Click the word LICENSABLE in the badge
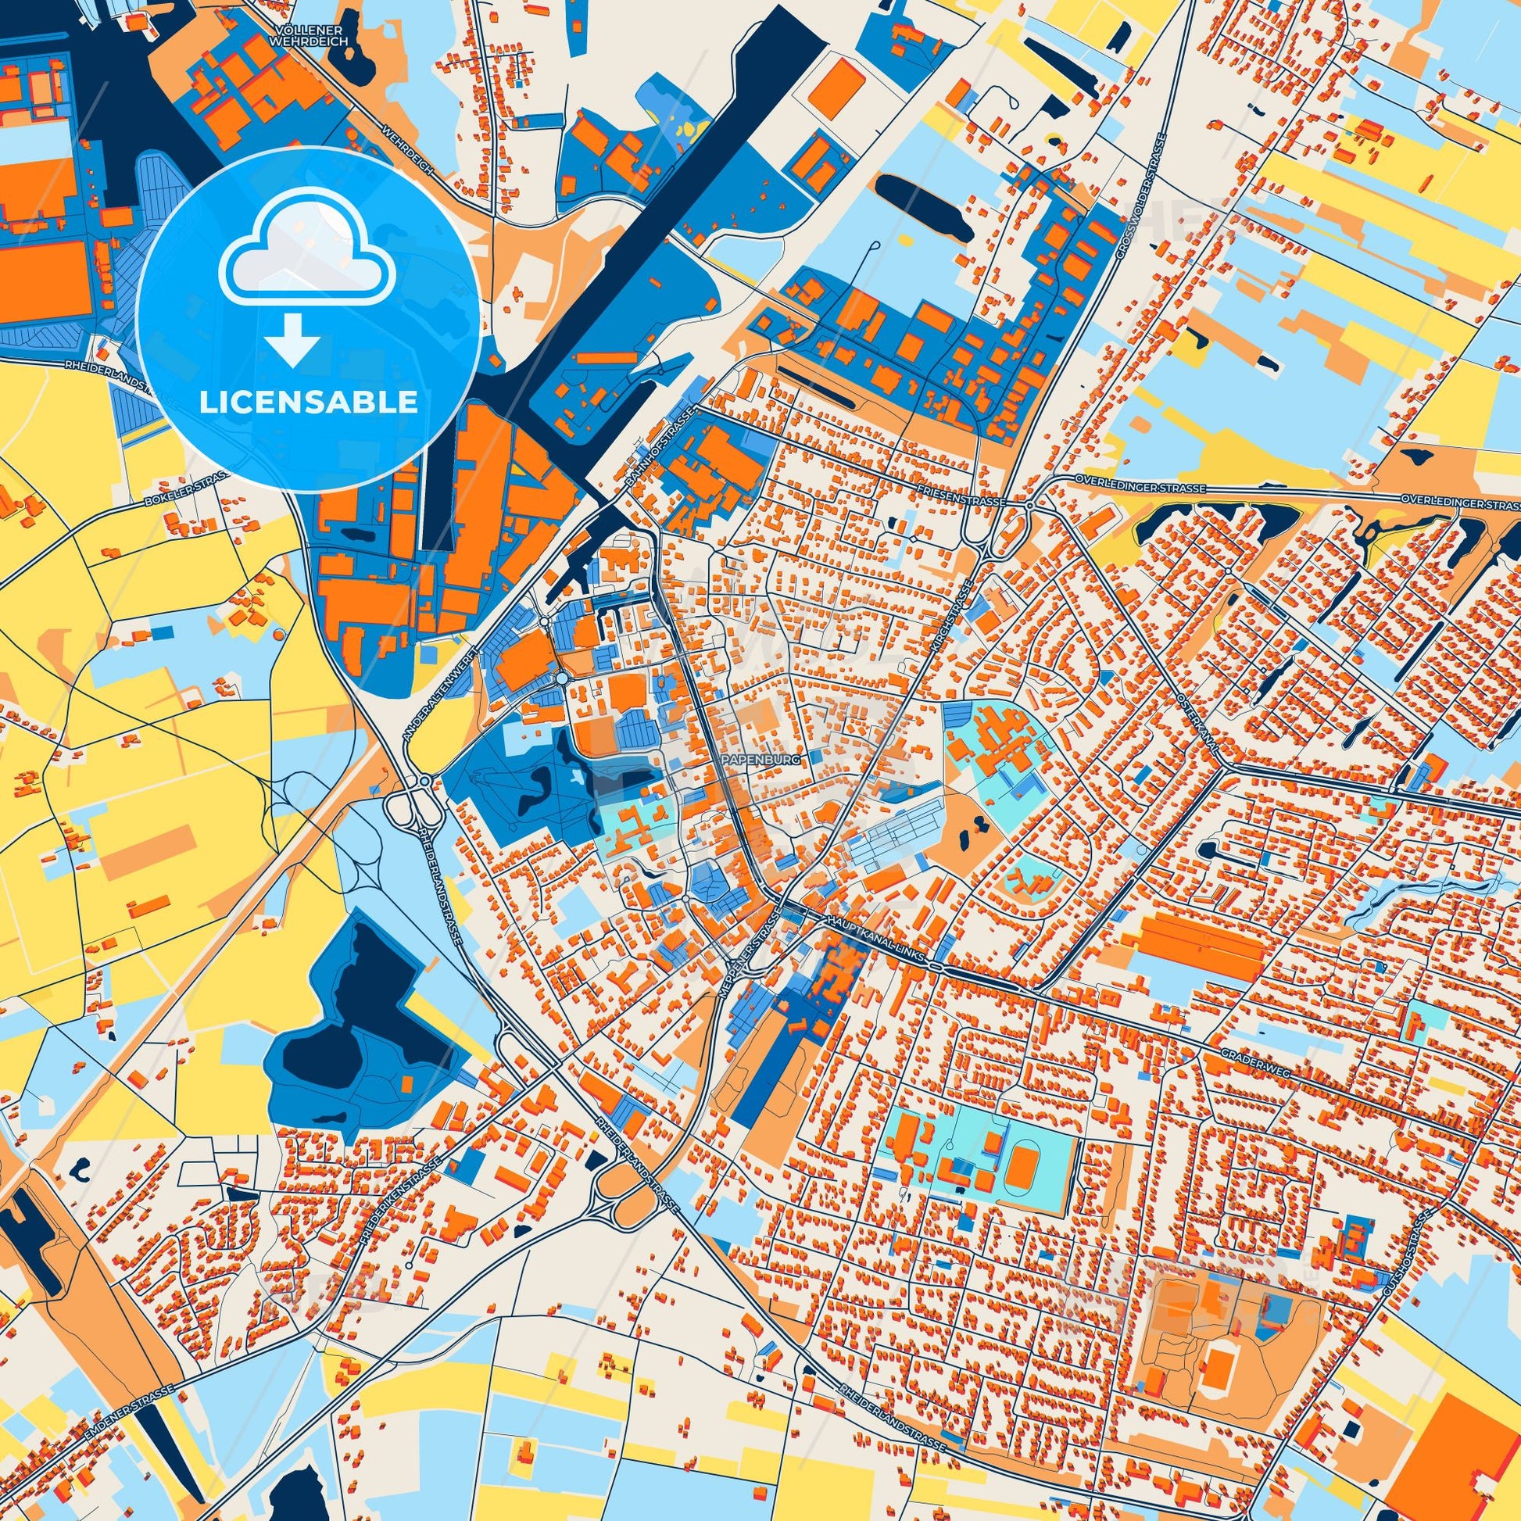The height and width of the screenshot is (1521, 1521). pyautogui.click(x=308, y=403)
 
